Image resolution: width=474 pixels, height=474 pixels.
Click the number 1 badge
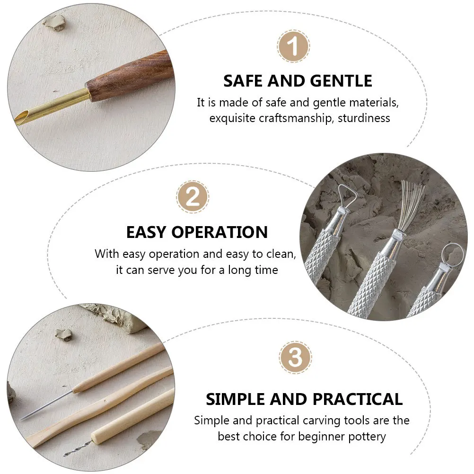293,47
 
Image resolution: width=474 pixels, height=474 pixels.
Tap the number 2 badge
193,197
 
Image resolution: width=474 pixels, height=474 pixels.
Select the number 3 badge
295,358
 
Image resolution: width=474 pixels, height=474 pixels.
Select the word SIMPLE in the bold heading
235,399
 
